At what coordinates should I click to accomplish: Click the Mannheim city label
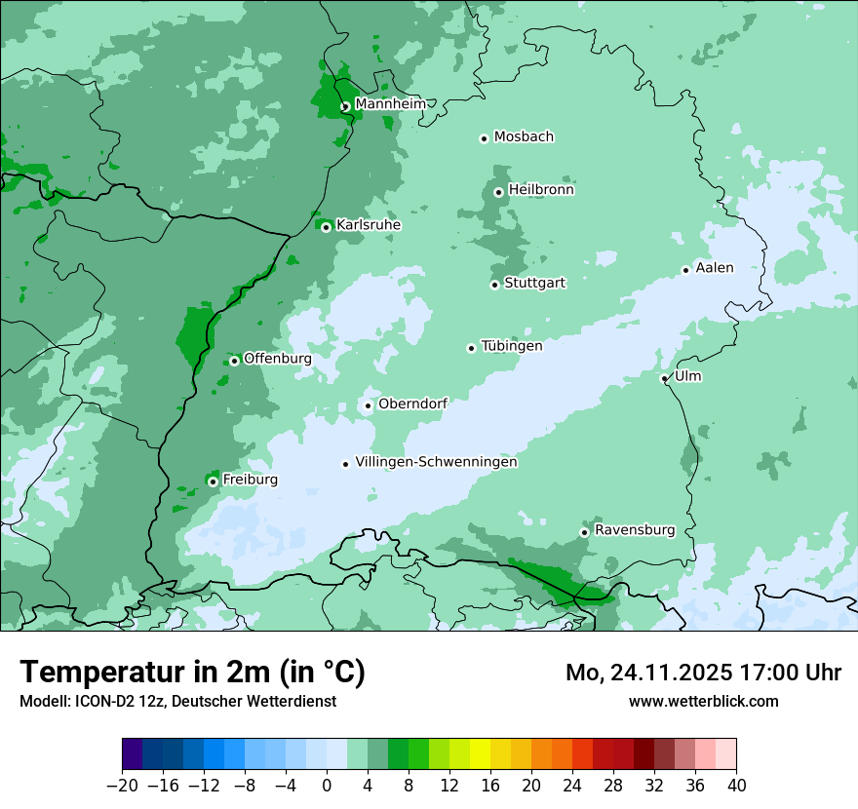point(390,104)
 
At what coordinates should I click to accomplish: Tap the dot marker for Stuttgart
point(494,285)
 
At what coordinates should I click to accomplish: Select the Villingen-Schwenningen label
point(436,462)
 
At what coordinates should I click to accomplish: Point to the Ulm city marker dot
point(664,378)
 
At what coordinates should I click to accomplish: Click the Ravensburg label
point(635,530)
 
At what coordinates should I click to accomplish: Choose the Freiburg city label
point(250,480)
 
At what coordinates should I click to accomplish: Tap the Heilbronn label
point(541,190)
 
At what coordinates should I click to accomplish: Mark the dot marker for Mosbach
point(484,138)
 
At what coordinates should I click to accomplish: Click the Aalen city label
point(715,268)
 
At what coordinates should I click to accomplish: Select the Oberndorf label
point(412,404)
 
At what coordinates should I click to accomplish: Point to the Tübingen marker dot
point(471,348)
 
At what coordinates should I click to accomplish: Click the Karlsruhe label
point(369,225)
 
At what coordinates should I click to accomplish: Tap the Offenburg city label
point(278,359)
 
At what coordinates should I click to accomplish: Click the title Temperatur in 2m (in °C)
point(193,673)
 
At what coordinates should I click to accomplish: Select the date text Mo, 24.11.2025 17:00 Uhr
point(703,673)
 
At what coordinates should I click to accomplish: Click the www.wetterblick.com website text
point(703,701)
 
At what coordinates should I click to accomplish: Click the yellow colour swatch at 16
point(480,754)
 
